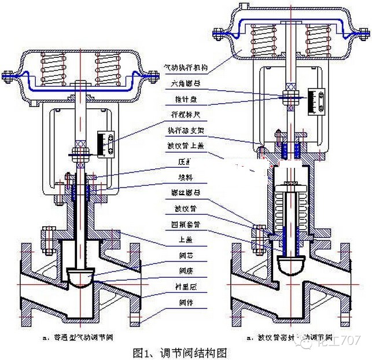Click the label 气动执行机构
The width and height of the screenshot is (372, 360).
pos(186,68)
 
